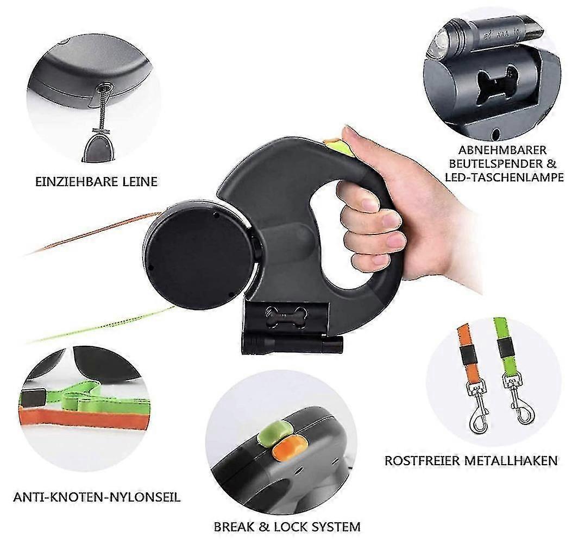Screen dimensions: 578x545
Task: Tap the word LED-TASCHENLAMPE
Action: (x=504, y=178)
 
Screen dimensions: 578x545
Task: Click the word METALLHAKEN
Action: (x=511, y=461)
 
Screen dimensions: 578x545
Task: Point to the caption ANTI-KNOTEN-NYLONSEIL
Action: (x=97, y=497)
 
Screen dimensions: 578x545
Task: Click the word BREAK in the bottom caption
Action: (x=234, y=527)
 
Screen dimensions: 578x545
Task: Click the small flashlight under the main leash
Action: (x=292, y=345)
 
